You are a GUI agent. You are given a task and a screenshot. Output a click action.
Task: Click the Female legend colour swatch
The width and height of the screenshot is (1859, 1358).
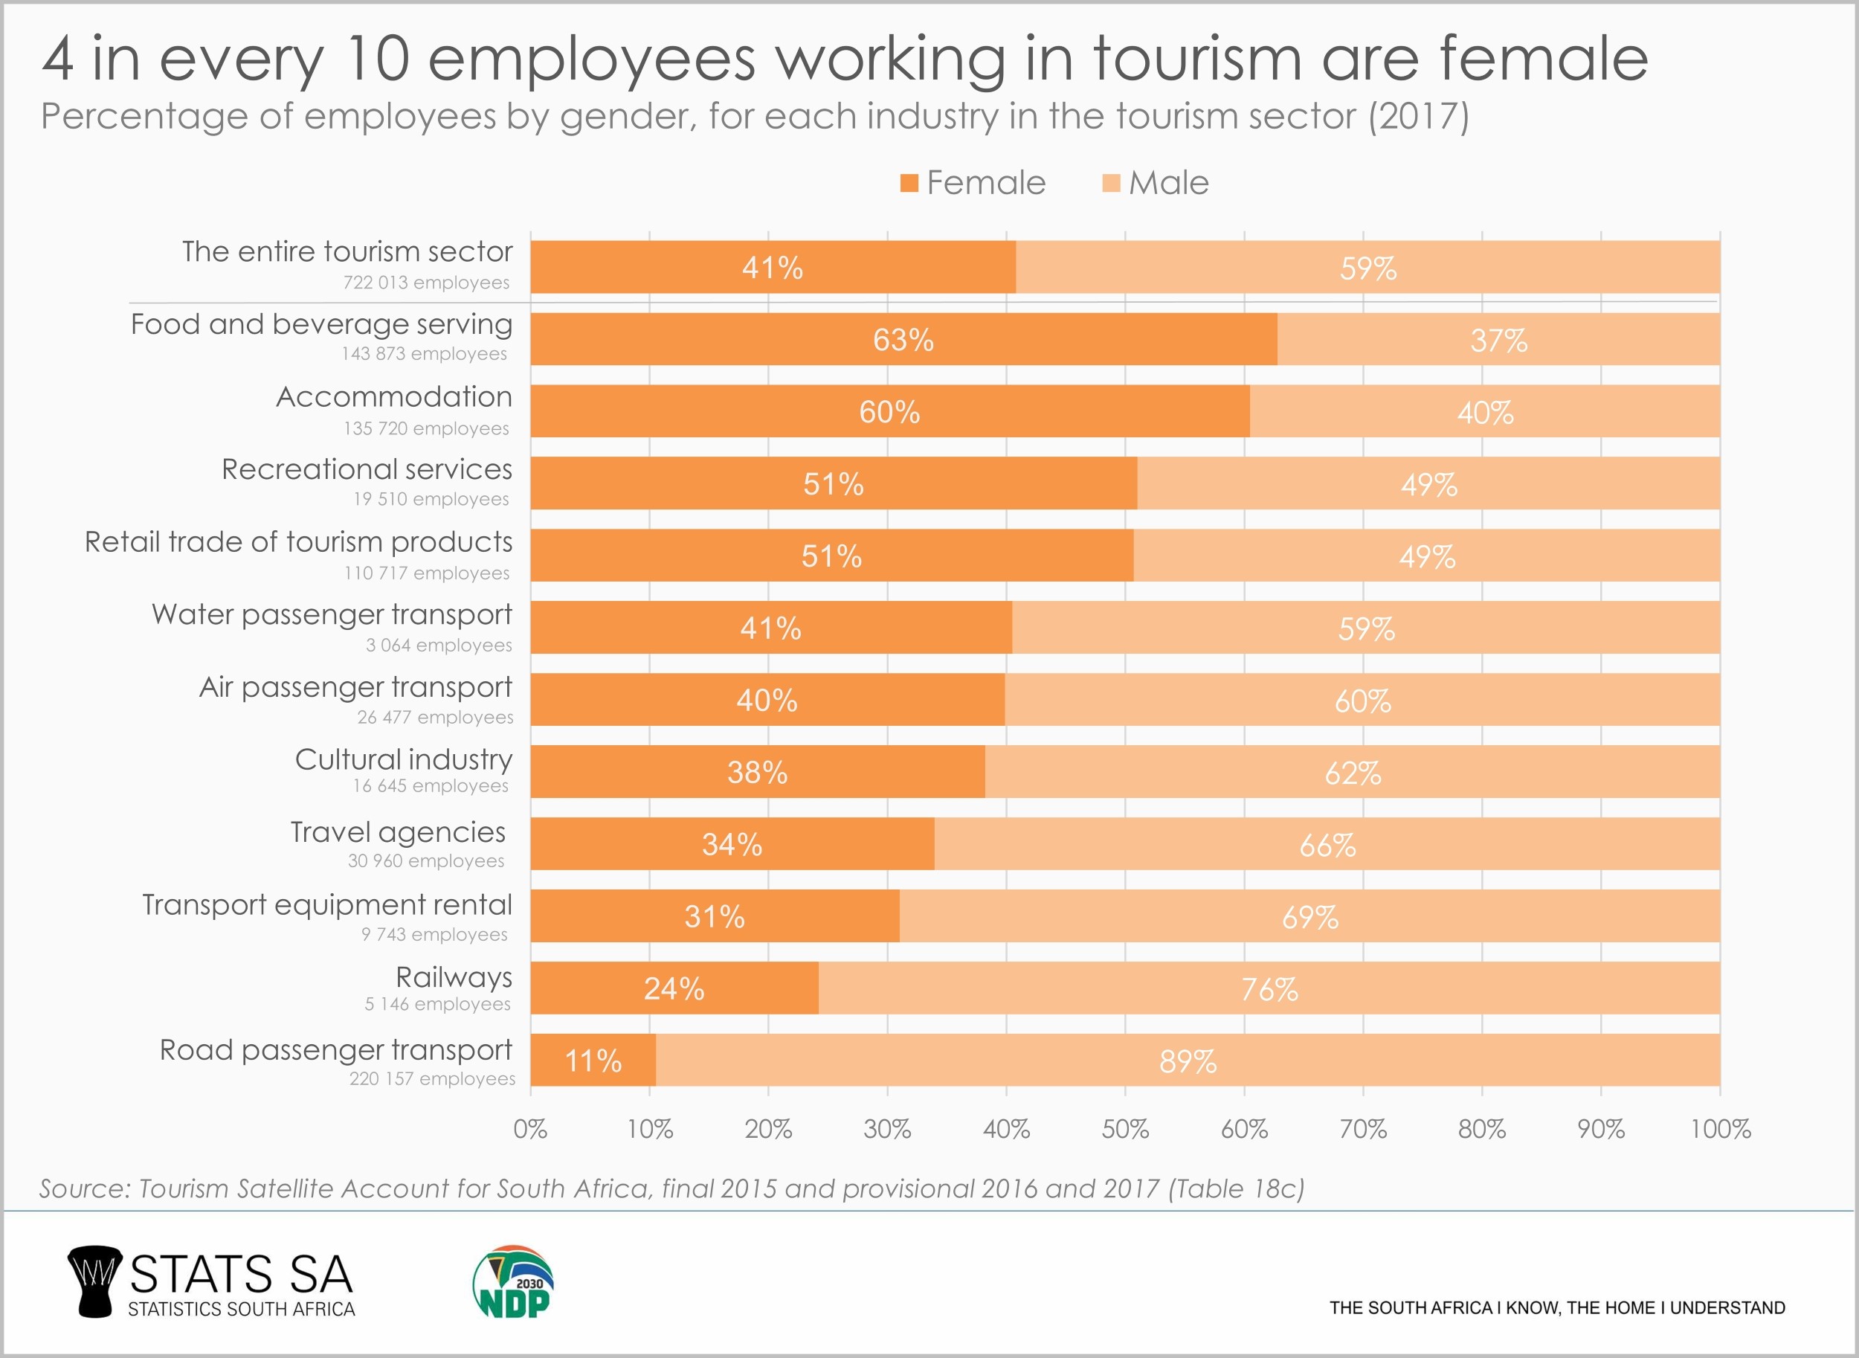point(909,183)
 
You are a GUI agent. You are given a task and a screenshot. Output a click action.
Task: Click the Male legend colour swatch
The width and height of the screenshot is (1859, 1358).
point(1111,183)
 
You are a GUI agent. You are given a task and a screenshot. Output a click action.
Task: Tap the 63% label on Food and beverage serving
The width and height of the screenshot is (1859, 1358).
point(903,339)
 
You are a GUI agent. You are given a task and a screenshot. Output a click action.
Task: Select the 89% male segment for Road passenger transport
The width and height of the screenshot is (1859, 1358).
point(1188,1061)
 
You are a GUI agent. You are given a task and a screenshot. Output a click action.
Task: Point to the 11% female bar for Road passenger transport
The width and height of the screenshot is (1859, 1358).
point(593,1061)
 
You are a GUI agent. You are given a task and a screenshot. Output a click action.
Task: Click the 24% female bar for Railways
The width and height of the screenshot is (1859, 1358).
point(674,989)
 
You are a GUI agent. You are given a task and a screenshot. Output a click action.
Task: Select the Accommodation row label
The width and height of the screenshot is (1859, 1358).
point(393,397)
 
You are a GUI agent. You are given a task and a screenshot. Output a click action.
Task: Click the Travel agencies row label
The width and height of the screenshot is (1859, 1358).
point(398,832)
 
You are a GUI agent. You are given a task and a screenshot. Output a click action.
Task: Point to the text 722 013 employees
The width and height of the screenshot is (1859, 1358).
point(426,283)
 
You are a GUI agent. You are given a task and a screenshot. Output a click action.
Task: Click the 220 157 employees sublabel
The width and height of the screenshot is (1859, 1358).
point(432,1078)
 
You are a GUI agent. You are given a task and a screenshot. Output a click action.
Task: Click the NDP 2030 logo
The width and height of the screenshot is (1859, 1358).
point(513,1281)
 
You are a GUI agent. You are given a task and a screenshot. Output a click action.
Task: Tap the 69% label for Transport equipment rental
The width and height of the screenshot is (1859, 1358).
point(1310,916)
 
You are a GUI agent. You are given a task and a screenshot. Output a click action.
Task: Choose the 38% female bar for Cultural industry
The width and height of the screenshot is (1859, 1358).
point(757,773)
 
